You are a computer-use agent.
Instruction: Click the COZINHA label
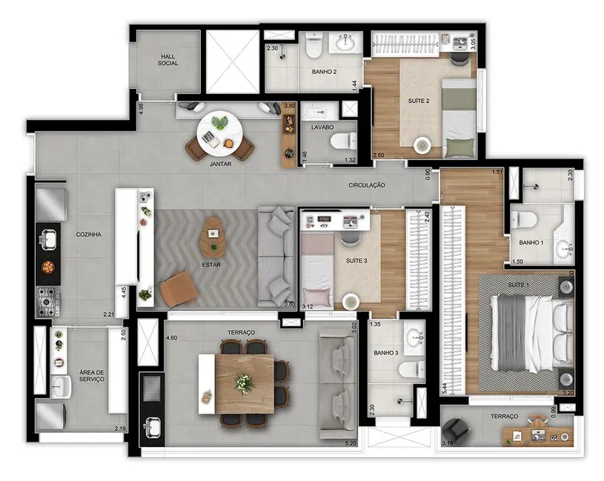click(88, 235)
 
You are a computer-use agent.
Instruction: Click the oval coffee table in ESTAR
click(213, 232)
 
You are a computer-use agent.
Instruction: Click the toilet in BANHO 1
click(524, 220)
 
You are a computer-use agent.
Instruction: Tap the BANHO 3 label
click(385, 353)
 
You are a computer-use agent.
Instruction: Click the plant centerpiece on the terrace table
click(242, 383)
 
